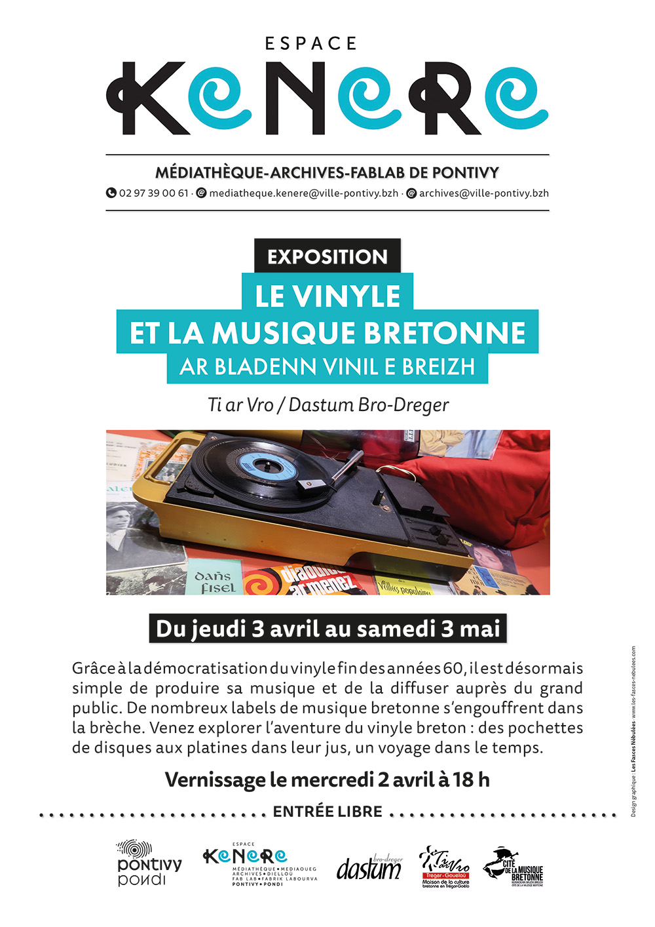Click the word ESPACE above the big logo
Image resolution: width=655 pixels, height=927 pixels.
click(311, 44)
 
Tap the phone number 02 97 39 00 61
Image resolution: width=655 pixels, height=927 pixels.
click(153, 193)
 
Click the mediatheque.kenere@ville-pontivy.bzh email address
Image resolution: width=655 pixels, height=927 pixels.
click(303, 193)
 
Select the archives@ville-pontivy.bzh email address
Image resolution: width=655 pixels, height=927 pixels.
click(483, 193)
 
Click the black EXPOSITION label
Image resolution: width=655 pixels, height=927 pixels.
click(327, 256)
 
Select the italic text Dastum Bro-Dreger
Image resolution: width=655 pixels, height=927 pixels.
click(368, 404)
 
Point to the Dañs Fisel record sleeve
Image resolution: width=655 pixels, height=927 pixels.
click(214, 580)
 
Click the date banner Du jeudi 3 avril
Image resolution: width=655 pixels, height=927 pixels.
click(327, 629)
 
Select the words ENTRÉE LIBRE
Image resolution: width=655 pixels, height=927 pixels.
click(327, 812)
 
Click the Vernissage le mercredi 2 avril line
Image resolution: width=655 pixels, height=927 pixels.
click(327, 779)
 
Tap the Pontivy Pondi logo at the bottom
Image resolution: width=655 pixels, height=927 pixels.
click(148, 863)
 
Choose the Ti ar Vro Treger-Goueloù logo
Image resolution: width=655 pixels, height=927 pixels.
click(445, 867)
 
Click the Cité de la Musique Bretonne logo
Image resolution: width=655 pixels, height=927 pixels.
click(514, 867)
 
